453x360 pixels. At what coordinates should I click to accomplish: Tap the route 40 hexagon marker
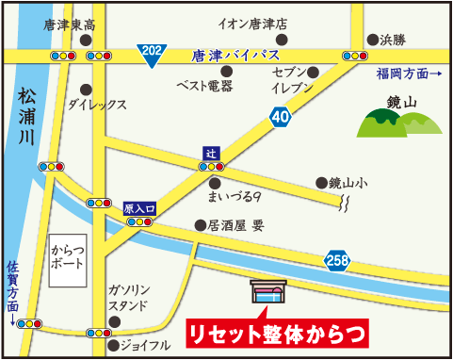tap(280, 116)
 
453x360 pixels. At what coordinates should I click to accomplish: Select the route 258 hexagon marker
tap(336, 260)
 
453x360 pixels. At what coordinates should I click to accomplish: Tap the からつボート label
tap(69, 256)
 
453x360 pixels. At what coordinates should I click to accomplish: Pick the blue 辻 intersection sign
tap(211, 152)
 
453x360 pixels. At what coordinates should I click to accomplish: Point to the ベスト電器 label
tap(203, 86)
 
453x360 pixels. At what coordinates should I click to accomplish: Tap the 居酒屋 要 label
tap(235, 225)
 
